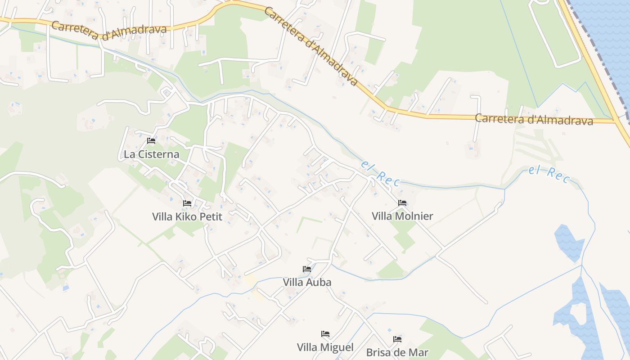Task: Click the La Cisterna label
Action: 151,154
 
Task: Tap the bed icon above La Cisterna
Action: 151,141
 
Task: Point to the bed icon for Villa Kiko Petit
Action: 187,203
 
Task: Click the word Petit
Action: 211,216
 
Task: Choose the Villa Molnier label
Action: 402,216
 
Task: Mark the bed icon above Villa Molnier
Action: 402,203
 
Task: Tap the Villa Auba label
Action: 307,282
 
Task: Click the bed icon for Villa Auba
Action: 307,269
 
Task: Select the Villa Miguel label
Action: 325,347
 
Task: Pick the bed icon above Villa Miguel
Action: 325,334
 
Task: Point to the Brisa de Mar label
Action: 397,352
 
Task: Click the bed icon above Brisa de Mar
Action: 397,339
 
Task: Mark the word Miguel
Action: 337,347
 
